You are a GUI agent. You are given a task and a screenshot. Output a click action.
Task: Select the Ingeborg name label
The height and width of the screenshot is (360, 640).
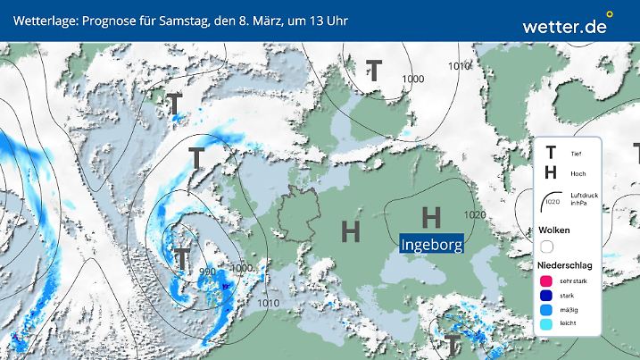tap(432, 244)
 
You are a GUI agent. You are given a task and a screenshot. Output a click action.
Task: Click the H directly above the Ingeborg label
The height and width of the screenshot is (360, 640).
tap(431, 216)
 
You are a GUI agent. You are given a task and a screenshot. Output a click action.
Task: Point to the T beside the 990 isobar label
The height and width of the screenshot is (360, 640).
tap(181, 260)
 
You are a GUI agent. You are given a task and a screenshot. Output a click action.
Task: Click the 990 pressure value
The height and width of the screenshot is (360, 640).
tap(207, 272)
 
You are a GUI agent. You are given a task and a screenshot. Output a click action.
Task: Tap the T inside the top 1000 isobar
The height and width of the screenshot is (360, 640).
tap(374, 71)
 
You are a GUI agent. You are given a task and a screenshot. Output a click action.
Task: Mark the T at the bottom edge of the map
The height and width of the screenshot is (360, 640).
tap(453, 344)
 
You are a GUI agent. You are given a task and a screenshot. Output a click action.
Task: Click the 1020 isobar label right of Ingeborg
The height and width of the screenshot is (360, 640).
tap(475, 215)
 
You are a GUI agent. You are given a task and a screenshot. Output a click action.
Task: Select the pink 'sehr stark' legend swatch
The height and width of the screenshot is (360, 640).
tap(547, 281)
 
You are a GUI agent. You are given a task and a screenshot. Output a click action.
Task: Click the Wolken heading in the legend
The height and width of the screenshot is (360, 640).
tap(553, 230)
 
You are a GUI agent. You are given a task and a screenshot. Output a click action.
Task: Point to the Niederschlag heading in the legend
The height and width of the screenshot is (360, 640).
tap(563, 265)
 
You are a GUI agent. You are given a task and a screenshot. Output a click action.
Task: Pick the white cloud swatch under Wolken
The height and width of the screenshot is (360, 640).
tap(547, 247)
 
